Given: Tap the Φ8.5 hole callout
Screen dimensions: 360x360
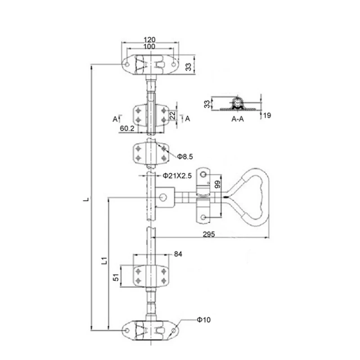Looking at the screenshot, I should point(185,157).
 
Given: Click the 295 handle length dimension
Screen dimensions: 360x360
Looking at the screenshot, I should point(208,234).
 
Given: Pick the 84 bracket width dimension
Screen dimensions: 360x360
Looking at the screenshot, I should point(178,254).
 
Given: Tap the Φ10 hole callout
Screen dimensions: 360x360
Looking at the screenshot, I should point(203,320).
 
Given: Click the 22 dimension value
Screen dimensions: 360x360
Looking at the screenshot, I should point(172,116).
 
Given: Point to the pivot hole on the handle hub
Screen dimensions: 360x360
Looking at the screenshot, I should point(163,198).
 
